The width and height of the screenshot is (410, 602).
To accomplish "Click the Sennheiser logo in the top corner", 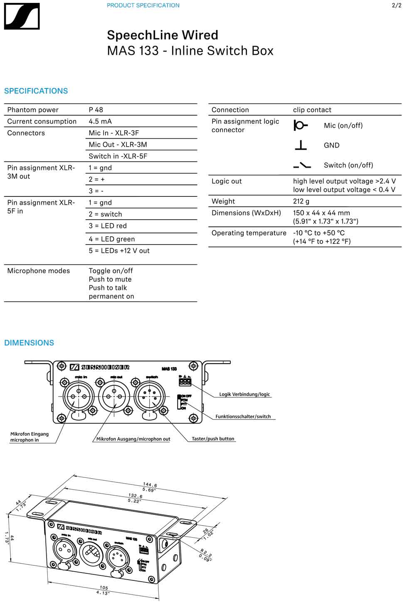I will pos(22,16).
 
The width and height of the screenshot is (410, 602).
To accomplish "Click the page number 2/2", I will pos(397,5).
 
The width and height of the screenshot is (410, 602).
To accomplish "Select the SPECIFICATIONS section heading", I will pos(36,91).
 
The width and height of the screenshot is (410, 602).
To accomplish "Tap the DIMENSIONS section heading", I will pos(29,343).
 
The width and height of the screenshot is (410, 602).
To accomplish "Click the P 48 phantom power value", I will pos(96,110).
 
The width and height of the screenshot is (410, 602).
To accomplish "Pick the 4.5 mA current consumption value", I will pos(100,121).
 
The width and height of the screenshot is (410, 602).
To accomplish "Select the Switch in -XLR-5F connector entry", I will pos(118,156).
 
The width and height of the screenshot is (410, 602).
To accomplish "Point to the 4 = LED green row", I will pos(111,239).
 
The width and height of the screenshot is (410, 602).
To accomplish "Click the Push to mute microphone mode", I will pos(110,279).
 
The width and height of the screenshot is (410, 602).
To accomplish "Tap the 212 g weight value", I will pos(301,201).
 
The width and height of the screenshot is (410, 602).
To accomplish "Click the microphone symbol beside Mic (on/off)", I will pos(300,125).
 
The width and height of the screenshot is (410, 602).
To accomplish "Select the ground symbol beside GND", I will pos(300,145).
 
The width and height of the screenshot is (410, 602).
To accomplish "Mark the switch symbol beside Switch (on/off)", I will pos(302,165).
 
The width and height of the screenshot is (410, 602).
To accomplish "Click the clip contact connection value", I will pos(312,110).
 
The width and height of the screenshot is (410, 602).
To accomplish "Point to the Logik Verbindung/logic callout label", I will pos(245,394).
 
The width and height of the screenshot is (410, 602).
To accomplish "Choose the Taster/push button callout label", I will pos(213,439).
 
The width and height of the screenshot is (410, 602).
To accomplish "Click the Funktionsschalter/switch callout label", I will pos(243,416).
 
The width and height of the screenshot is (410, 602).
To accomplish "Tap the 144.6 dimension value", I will pos(150,485).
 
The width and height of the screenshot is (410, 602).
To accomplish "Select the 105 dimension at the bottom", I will pos(104,587).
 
